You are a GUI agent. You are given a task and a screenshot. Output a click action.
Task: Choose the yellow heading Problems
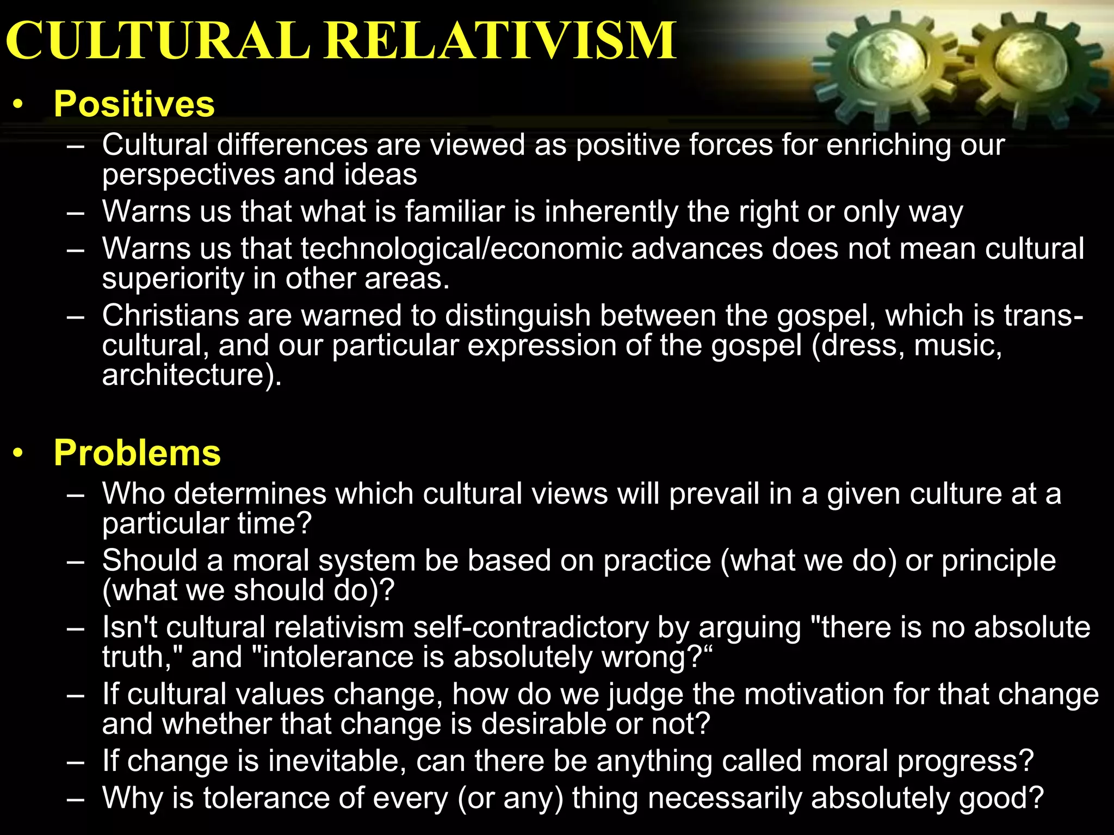[137, 452]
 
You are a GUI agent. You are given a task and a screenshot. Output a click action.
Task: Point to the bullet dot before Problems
[18, 453]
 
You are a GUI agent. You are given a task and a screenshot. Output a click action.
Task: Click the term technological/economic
[461, 249]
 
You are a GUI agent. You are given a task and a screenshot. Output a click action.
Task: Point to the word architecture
[183, 375]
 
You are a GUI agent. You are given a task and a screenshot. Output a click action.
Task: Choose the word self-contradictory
[531, 627]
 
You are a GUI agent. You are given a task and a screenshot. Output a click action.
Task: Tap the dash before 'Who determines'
[76, 495]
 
